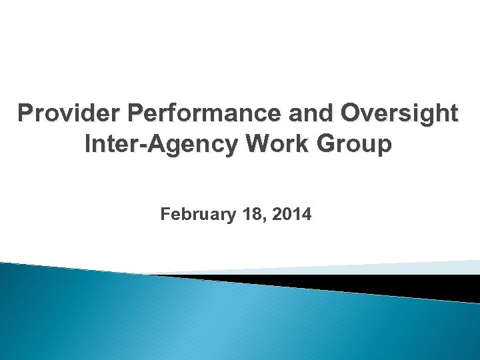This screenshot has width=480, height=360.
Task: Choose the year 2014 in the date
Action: [x=290, y=215]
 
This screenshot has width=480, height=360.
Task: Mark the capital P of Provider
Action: [x=26, y=114]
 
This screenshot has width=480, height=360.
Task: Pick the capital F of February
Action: [x=165, y=215]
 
